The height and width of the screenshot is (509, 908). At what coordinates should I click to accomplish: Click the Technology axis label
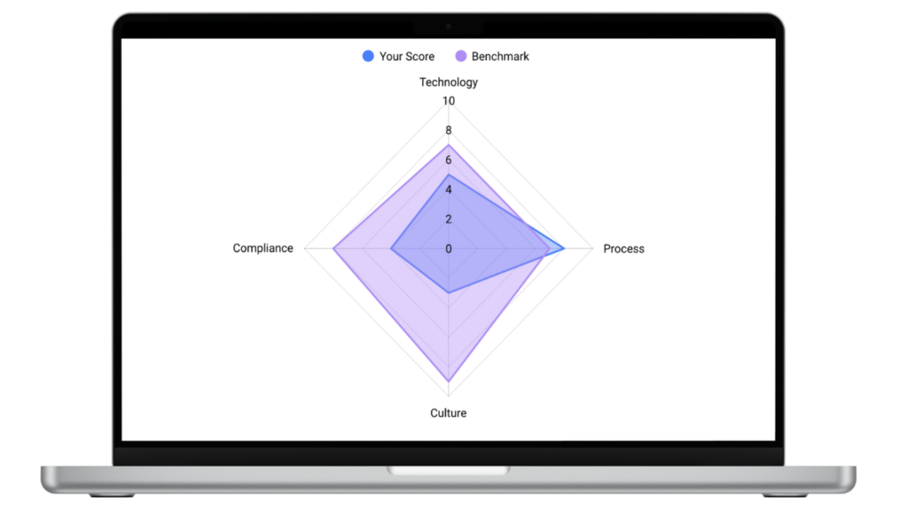click(x=448, y=82)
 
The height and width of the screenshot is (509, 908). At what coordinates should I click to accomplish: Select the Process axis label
click(x=623, y=248)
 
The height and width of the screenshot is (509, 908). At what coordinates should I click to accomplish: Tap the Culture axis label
click(x=448, y=413)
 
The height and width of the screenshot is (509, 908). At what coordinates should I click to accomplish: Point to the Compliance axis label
click(x=262, y=248)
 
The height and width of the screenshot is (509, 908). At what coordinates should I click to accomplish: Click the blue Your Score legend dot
click(x=368, y=56)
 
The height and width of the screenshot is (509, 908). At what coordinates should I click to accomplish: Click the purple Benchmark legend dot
click(x=461, y=56)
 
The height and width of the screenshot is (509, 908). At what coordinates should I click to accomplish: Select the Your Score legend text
click(x=407, y=57)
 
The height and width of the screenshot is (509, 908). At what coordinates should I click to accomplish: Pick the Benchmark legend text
click(x=500, y=57)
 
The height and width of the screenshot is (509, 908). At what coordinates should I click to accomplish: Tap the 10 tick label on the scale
click(x=448, y=101)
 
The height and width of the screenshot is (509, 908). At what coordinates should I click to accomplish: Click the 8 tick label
click(x=448, y=130)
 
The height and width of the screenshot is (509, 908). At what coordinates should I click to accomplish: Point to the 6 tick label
click(x=448, y=160)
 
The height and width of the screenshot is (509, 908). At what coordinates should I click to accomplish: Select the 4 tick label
click(x=448, y=190)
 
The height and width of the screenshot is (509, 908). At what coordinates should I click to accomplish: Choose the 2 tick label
click(x=448, y=219)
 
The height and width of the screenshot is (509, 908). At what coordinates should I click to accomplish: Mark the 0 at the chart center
click(x=448, y=248)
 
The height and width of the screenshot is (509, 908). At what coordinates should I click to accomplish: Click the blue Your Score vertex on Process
click(x=564, y=248)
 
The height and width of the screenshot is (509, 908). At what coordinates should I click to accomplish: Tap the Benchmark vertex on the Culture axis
click(x=448, y=381)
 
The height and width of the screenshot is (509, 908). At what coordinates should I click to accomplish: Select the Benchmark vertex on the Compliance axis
click(x=333, y=248)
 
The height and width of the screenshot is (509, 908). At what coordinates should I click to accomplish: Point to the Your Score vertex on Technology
click(x=448, y=175)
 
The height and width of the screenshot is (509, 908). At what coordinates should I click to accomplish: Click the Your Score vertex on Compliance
click(x=391, y=248)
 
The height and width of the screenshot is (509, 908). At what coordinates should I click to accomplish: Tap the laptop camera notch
click(x=448, y=27)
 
